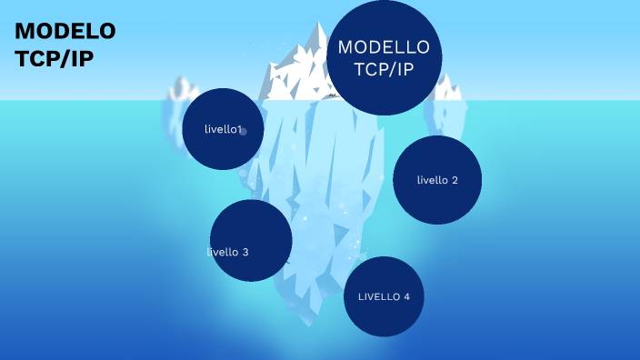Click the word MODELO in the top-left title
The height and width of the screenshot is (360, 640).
coord(65,32)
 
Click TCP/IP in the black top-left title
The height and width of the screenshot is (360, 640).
coord(54,58)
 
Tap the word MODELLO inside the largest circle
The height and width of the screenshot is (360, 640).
coord(384,47)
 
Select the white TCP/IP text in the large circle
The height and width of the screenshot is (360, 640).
coord(384,69)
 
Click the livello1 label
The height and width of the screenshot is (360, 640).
coord(223,129)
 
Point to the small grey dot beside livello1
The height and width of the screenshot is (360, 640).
coord(244,131)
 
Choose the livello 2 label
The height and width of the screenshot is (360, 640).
coord(437,180)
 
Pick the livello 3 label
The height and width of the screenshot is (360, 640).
coord(228,252)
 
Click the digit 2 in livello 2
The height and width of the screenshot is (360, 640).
coord(455,180)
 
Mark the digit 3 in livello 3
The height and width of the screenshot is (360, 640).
coord(245,252)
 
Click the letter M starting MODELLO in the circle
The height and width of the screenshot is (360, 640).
coord(345,47)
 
